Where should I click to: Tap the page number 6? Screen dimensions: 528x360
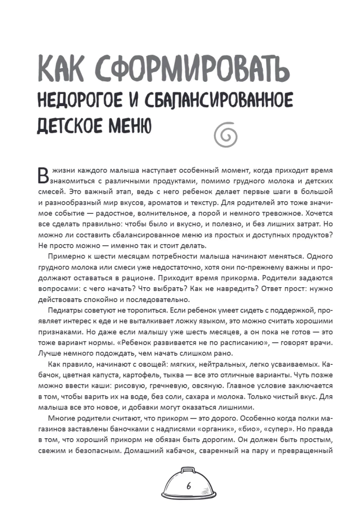[x=188, y=486]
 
